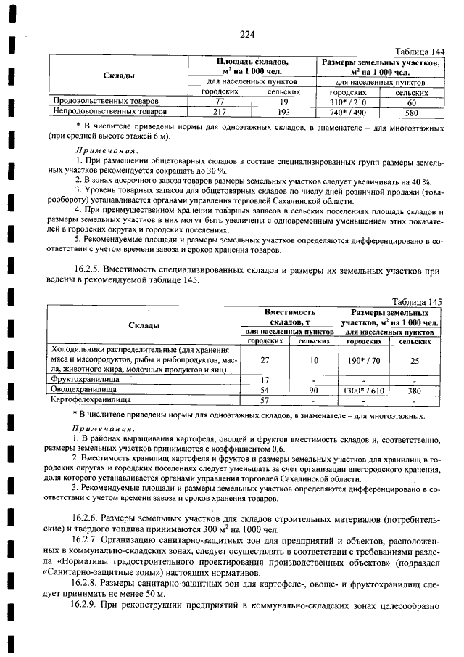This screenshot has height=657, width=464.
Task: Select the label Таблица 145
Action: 416,301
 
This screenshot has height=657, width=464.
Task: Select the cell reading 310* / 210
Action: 347,102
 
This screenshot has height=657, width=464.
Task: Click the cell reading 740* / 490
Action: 347,113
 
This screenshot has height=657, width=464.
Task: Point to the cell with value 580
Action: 412,113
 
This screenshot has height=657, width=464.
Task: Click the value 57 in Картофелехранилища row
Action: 265,399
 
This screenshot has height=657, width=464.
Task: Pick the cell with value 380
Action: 415,390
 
